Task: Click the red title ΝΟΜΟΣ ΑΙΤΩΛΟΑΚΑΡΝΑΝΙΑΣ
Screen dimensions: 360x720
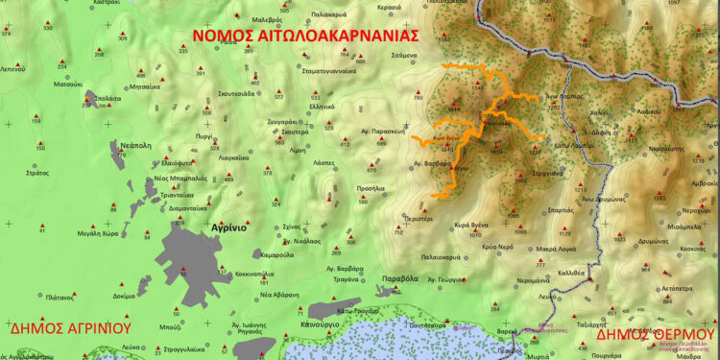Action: (x=305, y=36)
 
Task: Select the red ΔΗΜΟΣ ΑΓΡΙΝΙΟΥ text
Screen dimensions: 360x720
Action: (x=69, y=327)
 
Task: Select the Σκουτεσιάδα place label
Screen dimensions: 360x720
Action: (x=228, y=94)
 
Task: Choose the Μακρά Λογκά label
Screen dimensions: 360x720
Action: (x=556, y=248)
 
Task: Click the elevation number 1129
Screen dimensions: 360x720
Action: (x=564, y=233)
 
